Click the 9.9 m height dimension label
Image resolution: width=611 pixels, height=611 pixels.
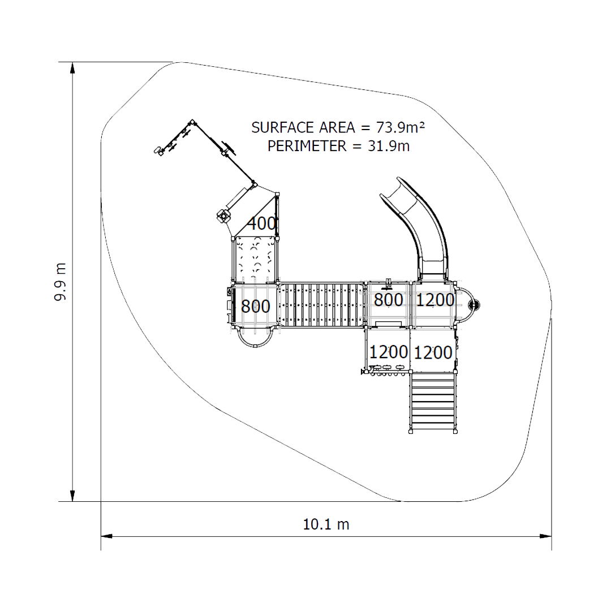pyautogui.click(x=60, y=281)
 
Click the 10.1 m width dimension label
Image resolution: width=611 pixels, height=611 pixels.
pyautogui.click(x=326, y=524)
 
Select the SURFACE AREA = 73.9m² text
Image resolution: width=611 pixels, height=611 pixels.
pyautogui.click(x=338, y=127)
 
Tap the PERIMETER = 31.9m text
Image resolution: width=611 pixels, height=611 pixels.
pyautogui.click(x=338, y=146)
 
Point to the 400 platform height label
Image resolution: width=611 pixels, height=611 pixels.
pyautogui.click(x=262, y=223)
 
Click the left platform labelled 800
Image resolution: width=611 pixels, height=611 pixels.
pyautogui.click(x=255, y=306)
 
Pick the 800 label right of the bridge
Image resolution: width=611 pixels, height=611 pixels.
pyautogui.click(x=388, y=300)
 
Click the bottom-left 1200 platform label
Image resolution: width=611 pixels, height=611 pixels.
pyautogui.click(x=388, y=352)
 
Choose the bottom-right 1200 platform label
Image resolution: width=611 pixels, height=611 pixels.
pyautogui.click(x=433, y=352)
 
